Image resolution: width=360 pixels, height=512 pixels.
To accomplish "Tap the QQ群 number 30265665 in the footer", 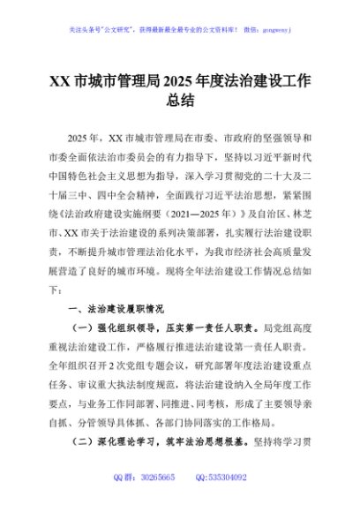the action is [x=159, y=477].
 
